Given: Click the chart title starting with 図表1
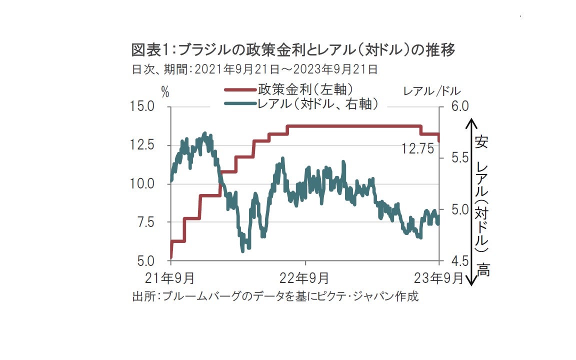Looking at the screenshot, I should pos(293,50).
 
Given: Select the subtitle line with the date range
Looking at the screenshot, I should pos(254,69).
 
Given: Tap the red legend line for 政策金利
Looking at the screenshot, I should pos(239,90).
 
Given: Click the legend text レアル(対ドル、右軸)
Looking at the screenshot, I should pos(316,104).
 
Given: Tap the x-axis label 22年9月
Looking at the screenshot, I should pos(305,277).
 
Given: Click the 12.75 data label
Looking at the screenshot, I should pos(418,148).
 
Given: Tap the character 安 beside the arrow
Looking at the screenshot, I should pos(481,141).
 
